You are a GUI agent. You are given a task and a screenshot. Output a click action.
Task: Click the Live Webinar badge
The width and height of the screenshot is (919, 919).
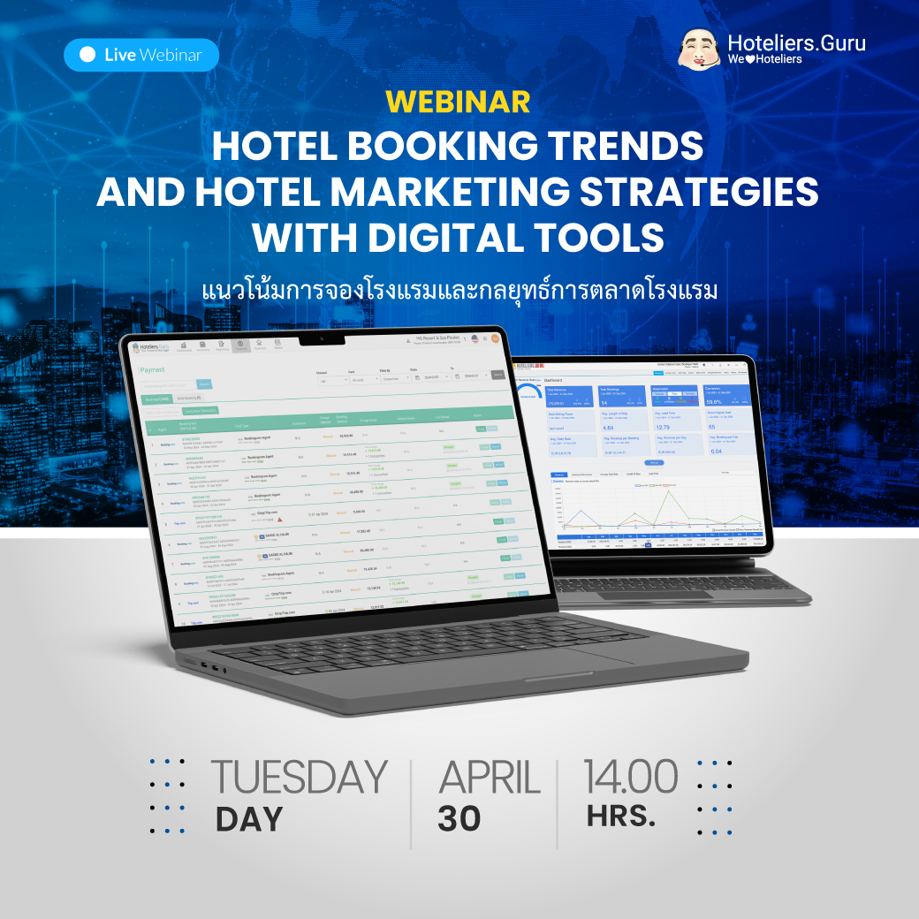(x=141, y=55)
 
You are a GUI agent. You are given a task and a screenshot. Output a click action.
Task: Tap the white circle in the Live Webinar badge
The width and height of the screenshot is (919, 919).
(x=87, y=55)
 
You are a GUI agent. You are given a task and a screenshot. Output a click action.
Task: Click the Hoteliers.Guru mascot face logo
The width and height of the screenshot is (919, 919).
(x=701, y=49)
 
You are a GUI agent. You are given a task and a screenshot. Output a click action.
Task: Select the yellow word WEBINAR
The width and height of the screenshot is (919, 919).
(x=459, y=102)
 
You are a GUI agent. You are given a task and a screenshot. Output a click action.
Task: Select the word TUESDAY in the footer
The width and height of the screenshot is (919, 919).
(x=299, y=778)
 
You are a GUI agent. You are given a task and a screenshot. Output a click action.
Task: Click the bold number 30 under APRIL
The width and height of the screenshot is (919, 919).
(x=459, y=819)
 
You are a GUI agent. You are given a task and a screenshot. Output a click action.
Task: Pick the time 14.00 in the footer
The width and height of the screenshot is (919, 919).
(x=630, y=777)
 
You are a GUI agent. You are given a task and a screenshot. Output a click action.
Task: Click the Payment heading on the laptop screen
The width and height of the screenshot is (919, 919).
(x=153, y=371)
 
